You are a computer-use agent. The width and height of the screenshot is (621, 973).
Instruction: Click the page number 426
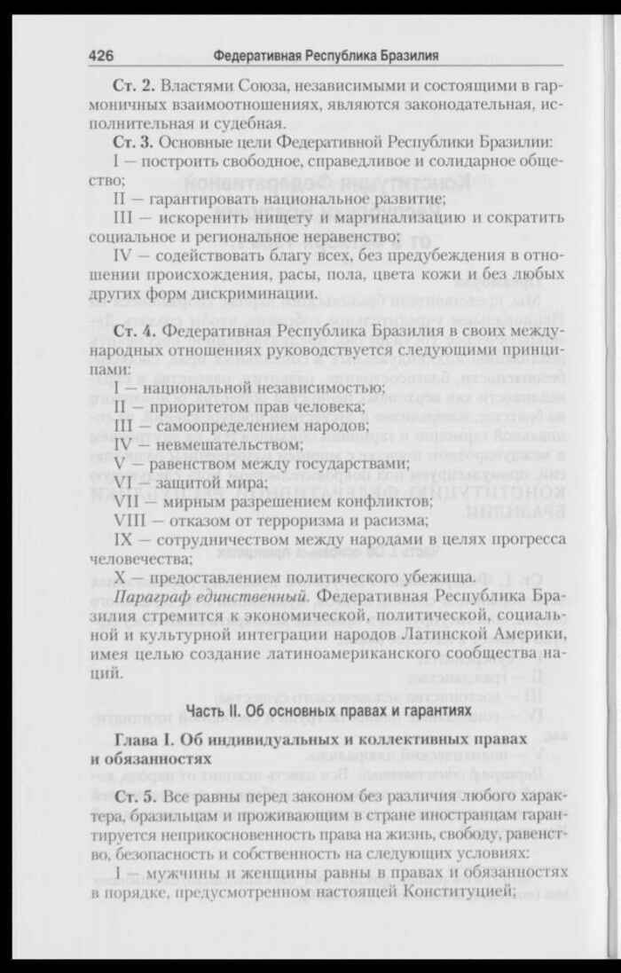pos(100,56)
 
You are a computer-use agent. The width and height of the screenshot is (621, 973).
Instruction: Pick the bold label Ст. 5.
pos(134,793)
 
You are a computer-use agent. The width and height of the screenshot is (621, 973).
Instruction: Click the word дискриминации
pos(240,294)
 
